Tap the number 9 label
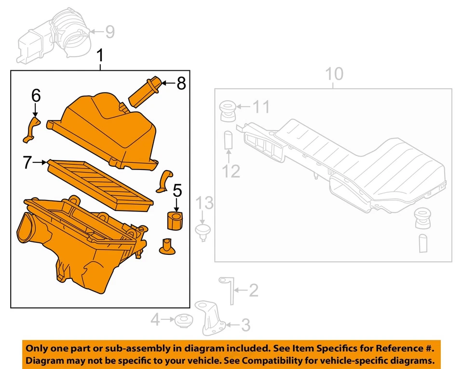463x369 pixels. (110, 32)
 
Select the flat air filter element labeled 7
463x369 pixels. (100, 182)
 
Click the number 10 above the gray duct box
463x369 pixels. (334, 74)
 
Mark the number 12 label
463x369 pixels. (231, 171)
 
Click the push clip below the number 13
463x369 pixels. (204, 230)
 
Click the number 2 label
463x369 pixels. (253, 290)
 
